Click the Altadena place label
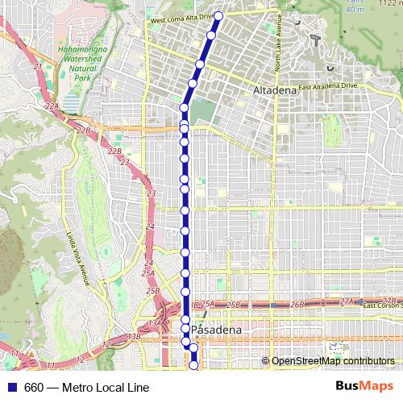point(275,92)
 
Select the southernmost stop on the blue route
point(193,365)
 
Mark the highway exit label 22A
point(53,106)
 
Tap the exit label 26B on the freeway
point(297,304)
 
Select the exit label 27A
point(347,301)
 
